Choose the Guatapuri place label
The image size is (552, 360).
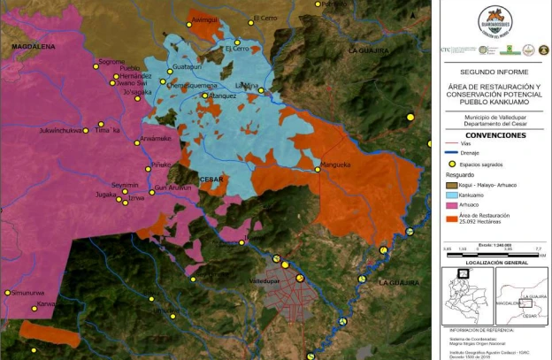(188, 67)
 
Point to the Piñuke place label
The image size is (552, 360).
(160, 165)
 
